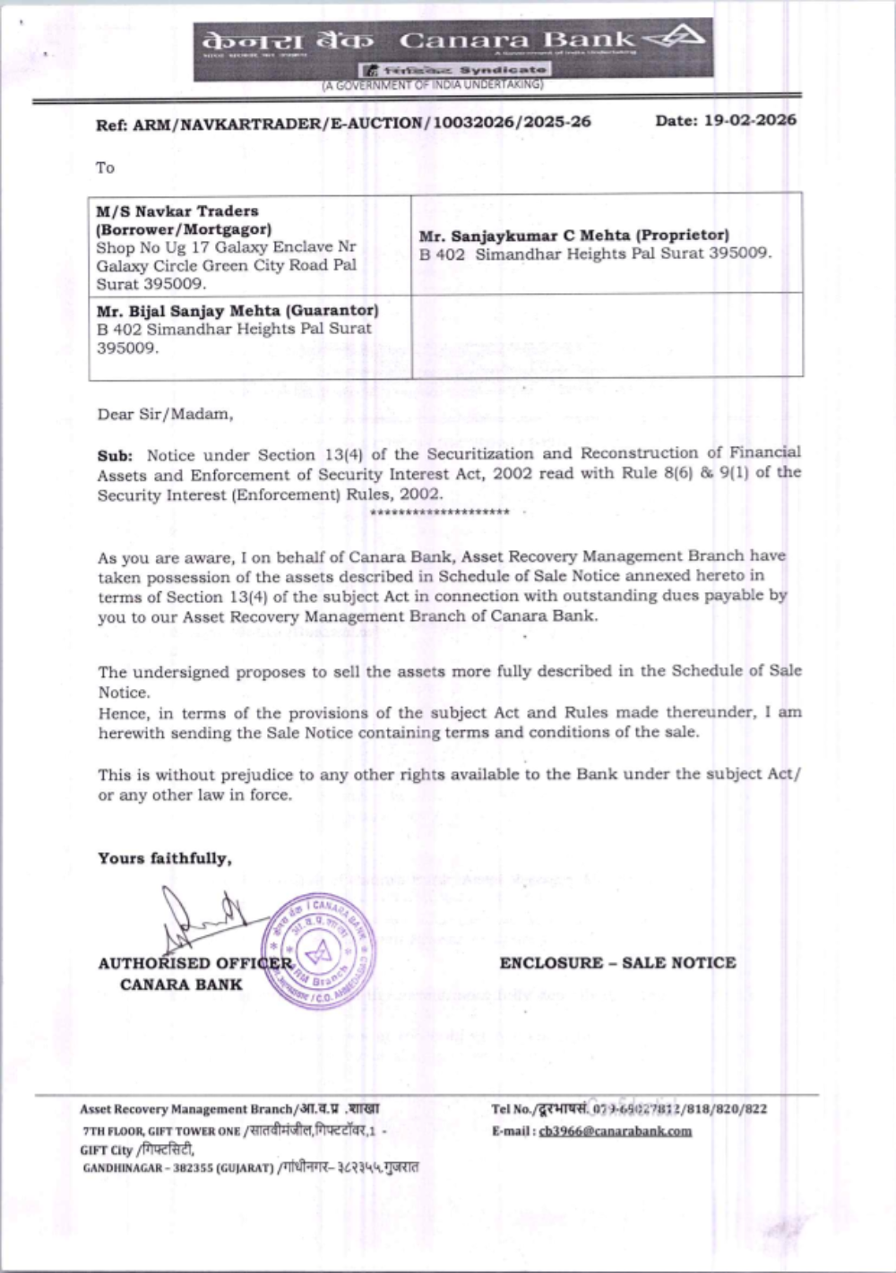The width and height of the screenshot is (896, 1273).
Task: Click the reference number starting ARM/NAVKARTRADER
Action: pyautogui.click(x=362, y=123)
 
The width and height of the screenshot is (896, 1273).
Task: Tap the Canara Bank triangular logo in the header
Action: pyautogui.click(x=677, y=38)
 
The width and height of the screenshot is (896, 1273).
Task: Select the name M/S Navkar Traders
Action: pyautogui.click(x=177, y=211)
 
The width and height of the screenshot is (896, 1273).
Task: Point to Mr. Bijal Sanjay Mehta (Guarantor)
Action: pyautogui.click(x=237, y=311)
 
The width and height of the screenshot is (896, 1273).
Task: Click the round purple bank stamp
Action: pyautogui.click(x=319, y=952)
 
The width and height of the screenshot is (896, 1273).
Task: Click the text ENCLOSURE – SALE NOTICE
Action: pyautogui.click(x=617, y=963)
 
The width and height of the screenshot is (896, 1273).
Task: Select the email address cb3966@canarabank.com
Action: pyautogui.click(x=615, y=1131)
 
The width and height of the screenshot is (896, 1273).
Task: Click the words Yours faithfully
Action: pyautogui.click(x=165, y=858)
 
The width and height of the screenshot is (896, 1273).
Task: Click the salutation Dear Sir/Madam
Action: pyautogui.click(x=165, y=414)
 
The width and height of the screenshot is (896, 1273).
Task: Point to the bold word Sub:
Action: pyautogui.click(x=115, y=456)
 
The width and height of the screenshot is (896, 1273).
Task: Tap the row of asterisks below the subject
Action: pyautogui.click(x=439, y=512)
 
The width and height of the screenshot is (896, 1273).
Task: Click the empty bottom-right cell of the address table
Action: pyautogui.click(x=607, y=336)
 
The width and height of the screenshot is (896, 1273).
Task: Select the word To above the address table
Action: pyautogui.click(x=106, y=168)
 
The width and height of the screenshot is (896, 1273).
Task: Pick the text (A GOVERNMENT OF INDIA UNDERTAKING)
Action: pyautogui.click(x=433, y=85)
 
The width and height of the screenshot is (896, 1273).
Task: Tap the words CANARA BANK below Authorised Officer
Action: pyautogui.click(x=181, y=985)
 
